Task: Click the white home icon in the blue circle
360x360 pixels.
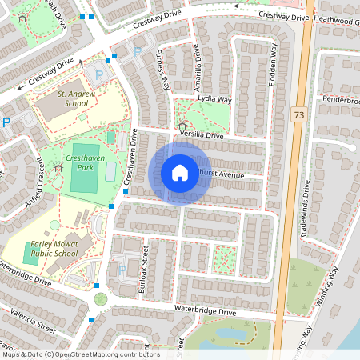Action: pyautogui.click(x=180, y=173)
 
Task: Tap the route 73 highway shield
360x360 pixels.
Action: pyautogui.click(x=299, y=115)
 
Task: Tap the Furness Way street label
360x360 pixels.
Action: pyautogui.click(x=162, y=72)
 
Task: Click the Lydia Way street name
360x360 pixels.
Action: pyautogui.click(x=214, y=100)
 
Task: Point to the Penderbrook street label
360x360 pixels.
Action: pyautogui.click(x=342, y=100)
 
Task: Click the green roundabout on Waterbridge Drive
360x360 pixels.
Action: pyautogui.click(x=101, y=299)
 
